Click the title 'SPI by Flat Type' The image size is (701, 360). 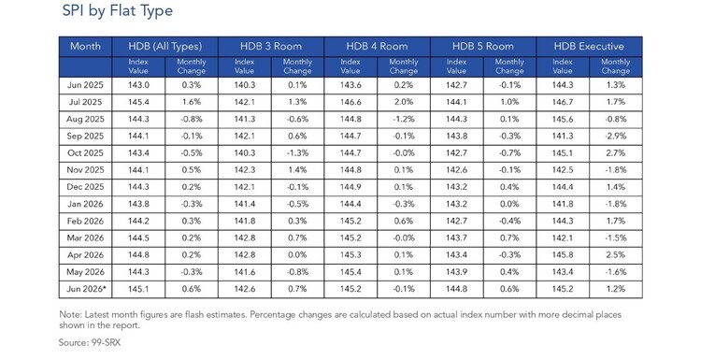click(118, 10)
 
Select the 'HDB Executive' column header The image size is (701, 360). click(589, 46)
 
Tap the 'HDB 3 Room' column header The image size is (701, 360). click(271, 46)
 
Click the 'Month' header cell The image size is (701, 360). click(85, 46)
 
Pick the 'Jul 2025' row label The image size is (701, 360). click(85, 102)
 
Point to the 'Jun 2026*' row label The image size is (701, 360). click(86, 289)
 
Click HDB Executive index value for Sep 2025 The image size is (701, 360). click(563, 136)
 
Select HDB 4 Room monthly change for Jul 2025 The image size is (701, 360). click(404, 102)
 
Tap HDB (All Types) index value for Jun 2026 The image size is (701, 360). click(138, 289)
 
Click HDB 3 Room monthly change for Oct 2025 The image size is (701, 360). click(297, 153)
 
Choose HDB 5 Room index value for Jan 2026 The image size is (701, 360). click(456, 204)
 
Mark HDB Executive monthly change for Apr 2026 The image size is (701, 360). click(616, 255)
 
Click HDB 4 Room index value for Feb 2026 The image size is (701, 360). click(350, 221)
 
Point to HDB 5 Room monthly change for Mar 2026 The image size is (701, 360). click(509, 238)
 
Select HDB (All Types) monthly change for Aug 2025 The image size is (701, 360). click(192, 119)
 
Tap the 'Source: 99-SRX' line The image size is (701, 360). click(90, 343)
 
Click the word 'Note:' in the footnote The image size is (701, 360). click(70, 314)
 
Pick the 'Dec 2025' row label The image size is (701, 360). click(85, 187)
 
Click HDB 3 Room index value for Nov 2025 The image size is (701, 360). click(245, 170)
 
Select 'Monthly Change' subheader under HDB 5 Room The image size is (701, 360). click(509, 66)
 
